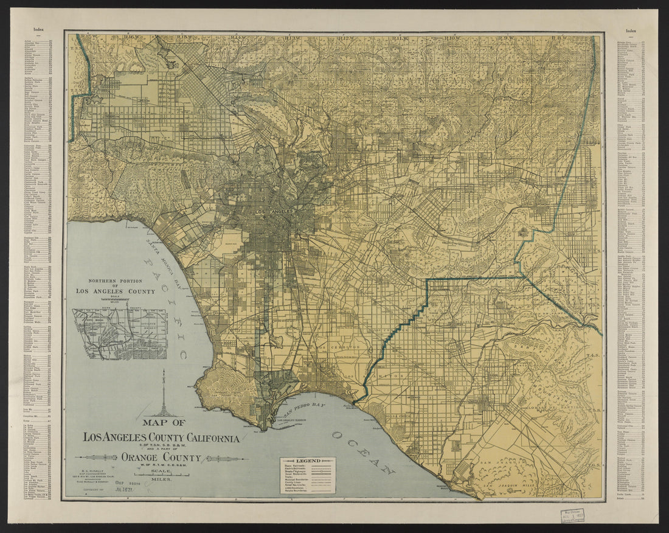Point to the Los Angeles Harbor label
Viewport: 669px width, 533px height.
click(x=291, y=420)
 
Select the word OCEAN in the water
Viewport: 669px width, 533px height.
click(x=361, y=453)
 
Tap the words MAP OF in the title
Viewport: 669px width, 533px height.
click(x=164, y=422)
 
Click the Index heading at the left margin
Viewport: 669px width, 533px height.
click(x=39, y=29)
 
